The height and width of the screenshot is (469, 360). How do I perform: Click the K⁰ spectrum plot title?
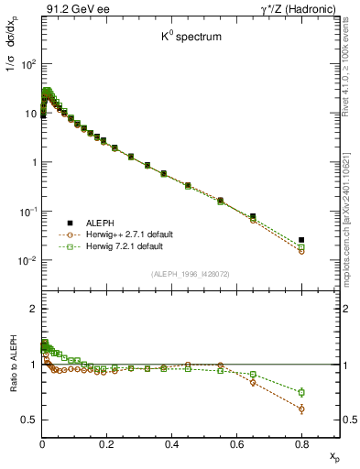coord(181,41)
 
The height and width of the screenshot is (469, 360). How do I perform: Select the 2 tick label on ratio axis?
coord(33,309)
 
